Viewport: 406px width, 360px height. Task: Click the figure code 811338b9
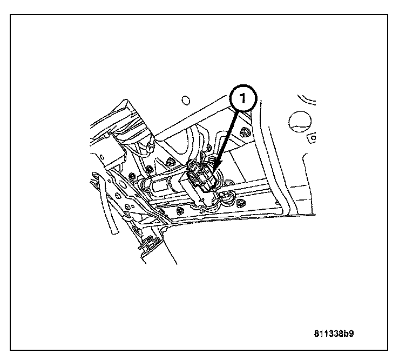tap(334, 333)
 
